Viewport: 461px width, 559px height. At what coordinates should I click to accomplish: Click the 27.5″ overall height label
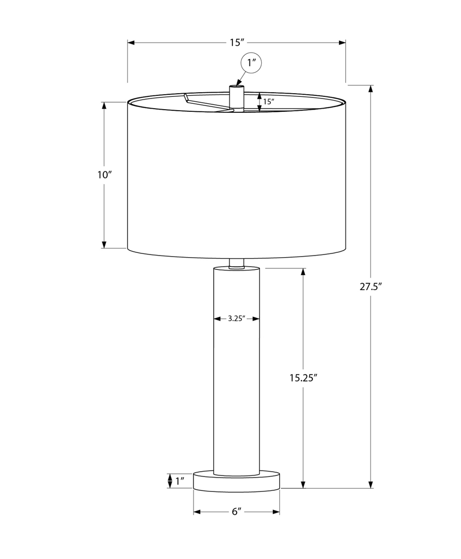[x=371, y=286]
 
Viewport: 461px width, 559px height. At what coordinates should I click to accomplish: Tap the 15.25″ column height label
[x=303, y=378]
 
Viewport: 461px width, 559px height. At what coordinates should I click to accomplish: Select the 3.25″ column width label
[x=236, y=319]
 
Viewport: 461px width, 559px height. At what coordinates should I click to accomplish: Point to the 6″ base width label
[x=236, y=512]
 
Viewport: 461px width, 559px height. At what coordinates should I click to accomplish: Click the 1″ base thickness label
[x=180, y=482]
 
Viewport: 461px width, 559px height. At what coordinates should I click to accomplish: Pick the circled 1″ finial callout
[x=252, y=63]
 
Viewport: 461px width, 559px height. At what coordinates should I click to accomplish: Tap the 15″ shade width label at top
[x=236, y=43]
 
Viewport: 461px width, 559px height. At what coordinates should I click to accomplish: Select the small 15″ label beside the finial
[x=269, y=102]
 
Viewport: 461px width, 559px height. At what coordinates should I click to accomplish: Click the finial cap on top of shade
[x=236, y=93]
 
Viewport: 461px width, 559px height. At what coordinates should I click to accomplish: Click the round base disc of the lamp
[x=236, y=481]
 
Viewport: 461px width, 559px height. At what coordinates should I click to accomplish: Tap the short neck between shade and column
[x=236, y=262]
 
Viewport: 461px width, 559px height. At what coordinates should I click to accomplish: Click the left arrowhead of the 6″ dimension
[x=196, y=512]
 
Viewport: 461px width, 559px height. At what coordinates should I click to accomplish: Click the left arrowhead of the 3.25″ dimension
[x=217, y=319]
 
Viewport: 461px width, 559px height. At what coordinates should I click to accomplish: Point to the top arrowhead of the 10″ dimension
[x=104, y=106]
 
